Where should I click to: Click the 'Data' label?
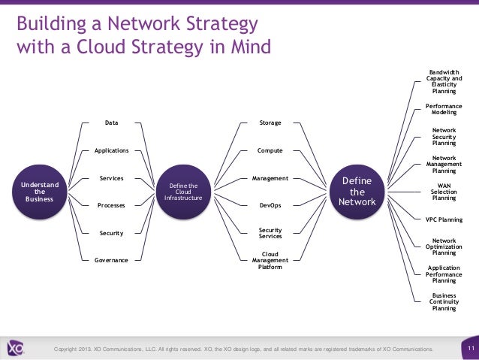tap(111, 122)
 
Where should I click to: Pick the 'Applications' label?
tap(111, 150)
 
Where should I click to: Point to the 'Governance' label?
tap(111, 260)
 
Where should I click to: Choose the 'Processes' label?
tap(111, 205)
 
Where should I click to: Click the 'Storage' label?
tap(270, 122)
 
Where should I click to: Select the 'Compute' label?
tap(270, 150)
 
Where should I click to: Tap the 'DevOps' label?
tap(270, 205)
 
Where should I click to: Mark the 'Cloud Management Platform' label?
tap(270, 260)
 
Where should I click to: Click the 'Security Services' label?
tap(270, 233)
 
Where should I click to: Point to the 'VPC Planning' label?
tap(444, 220)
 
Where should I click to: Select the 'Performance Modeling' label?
tap(444, 109)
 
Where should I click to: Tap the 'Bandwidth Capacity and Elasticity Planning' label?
tap(444, 81)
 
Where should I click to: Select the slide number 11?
tap(469, 349)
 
